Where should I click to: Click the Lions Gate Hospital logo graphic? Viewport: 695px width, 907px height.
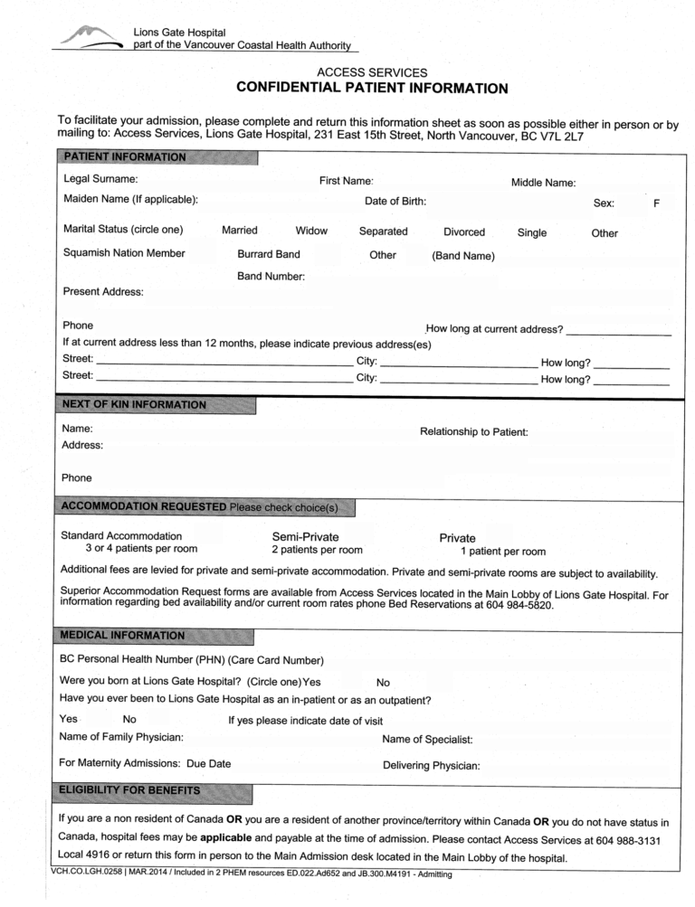pyautogui.click(x=88, y=36)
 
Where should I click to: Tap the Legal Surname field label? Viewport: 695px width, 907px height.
pyautogui.click(x=100, y=179)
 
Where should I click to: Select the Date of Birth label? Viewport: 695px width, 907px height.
pyautogui.click(x=395, y=201)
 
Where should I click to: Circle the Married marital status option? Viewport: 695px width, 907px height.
pyautogui.click(x=240, y=231)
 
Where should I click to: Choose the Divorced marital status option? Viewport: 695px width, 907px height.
pyautogui.click(x=464, y=231)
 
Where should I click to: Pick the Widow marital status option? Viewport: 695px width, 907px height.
pyautogui.click(x=311, y=231)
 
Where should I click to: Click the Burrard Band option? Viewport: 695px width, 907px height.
pyautogui.click(x=269, y=254)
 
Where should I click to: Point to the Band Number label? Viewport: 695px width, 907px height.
pyautogui.click(x=271, y=275)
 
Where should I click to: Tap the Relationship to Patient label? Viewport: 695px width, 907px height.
pyautogui.click(x=474, y=431)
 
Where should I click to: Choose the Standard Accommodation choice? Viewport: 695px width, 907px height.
pyautogui.click(x=120, y=536)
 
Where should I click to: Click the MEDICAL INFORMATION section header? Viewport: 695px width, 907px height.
pyautogui.click(x=121, y=635)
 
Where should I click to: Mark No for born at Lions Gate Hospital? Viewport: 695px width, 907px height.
pyautogui.click(x=383, y=683)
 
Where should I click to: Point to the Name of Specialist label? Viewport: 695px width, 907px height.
pyautogui.click(x=428, y=740)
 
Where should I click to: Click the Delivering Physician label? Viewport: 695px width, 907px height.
pyautogui.click(x=432, y=765)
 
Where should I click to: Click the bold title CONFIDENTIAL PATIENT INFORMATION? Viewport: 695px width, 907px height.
pyautogui.click(x=372, y=88)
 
